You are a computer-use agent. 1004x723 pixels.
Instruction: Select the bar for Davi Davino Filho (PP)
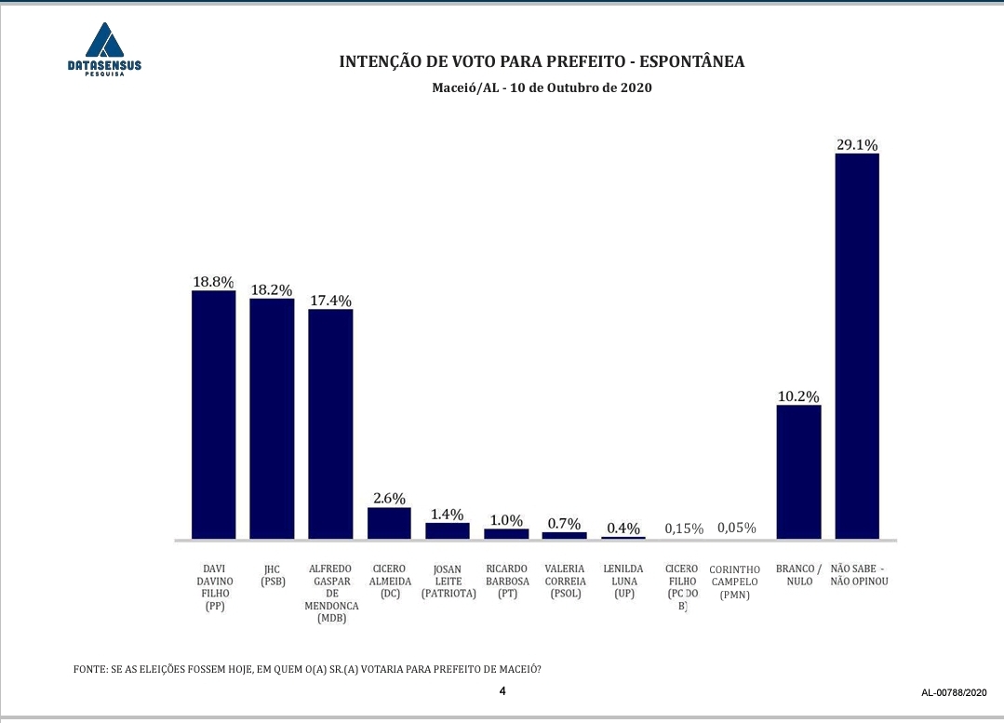(213, 415)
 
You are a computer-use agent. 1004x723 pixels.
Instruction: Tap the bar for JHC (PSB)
(272, 419)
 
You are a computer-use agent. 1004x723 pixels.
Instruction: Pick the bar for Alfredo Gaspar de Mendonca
(330, 423)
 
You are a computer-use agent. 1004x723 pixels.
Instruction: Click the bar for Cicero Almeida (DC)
(389, 523)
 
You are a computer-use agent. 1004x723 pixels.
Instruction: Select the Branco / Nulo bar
(798, 472)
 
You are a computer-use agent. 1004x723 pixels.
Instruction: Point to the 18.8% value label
(213, 282)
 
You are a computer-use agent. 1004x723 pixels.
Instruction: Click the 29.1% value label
(857, 144)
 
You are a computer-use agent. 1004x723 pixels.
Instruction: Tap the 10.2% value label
(798, 396)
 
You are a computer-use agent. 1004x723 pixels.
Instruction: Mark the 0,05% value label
(736, 529)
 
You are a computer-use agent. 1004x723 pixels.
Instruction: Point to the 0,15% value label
(684, 529)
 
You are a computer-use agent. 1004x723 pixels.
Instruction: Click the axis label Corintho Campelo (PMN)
(735, 582)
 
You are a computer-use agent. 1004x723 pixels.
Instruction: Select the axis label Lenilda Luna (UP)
(623, 581)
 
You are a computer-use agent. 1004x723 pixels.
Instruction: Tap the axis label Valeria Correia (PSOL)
(565, 581)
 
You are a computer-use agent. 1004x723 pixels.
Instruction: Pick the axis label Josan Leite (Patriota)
(448, 581)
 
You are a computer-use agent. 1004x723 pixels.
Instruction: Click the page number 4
(502, 691)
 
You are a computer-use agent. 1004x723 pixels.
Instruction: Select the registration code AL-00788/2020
(954, 693)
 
